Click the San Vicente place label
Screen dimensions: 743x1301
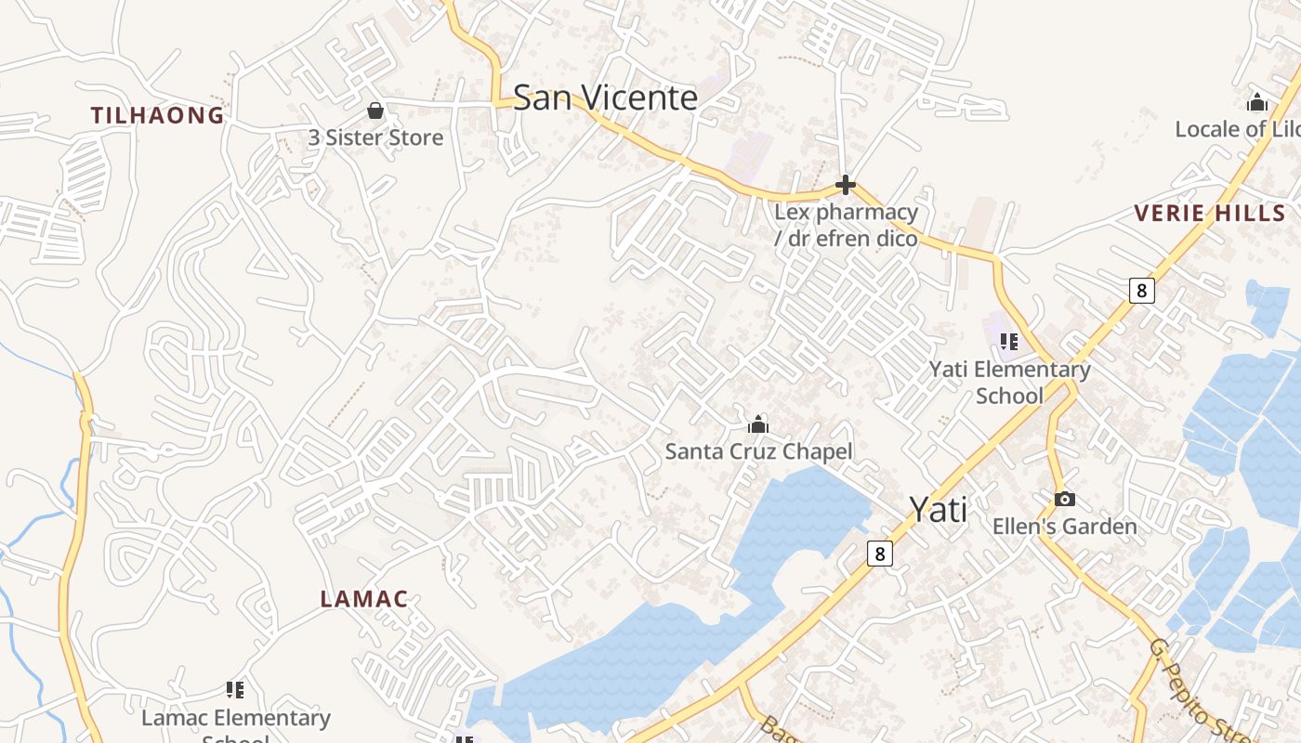pyautogui.click(x=605, y=98)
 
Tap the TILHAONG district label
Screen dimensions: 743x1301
pyautogui.click(x=157, y=115)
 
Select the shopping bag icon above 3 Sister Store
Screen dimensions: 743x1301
pyautogui.click(x=375, y=111)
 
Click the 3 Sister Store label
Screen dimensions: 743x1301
pyautogui.click(x=375, y=137)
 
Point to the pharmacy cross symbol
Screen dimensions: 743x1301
pyautogui.click(x=845, y=186)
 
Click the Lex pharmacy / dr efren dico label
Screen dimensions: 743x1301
pyautogui.click(x=846, y=225)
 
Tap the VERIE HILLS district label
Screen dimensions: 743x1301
pyautogui.click(x=1209, y=214)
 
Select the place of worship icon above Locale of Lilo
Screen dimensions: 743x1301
pyautogui.click(x=1257, y=102)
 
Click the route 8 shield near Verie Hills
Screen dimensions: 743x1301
pyautogui.click(x=1141, y=291)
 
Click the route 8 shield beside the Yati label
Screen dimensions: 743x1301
pyautogui.click(x=879, y=554)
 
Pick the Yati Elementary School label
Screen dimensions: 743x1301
pyautogui.click(x=1010, y=382)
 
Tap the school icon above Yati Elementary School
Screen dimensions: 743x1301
pyautogui.click(x=1009, y=341)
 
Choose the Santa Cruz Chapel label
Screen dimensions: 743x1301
pyautogui.click(x=758, y=452)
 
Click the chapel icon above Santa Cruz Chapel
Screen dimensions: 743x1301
pyautogui.click(x=758, y=425)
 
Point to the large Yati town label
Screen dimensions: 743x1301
pyautogui.click(x=938, y=509)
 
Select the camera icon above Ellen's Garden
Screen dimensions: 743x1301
pyautogui.click(x=1064, y=500)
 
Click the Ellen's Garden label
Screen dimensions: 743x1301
pyautogui.click(x=1064, y=527)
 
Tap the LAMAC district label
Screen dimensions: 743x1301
pyautogui.click(x=364, y=599)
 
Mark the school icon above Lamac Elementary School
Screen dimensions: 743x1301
pyautogui.click(x=235, y=689)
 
